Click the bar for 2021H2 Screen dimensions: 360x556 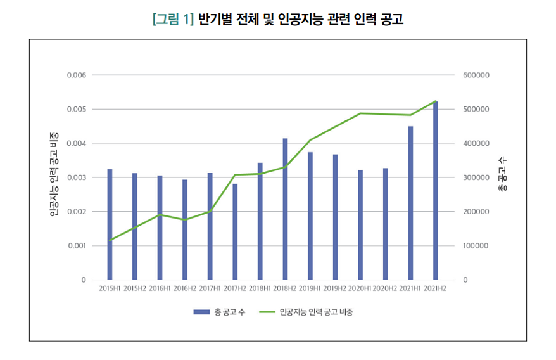(x=436, y=190)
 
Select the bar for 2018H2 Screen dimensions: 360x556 (x=285, y=209)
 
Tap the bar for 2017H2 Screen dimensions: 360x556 (x=235, y=231)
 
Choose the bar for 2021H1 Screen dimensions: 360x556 (x=410, y=203)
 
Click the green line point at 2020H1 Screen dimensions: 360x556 (x=360, y=113)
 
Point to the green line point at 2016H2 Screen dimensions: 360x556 (x=185, y=220)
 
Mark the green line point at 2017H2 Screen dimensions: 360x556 (x=235, y=174)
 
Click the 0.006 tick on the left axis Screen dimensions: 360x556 (x=75, y=75)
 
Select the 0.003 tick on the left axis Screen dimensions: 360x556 (x=75, y=177)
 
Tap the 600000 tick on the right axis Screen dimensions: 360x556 (x=476, y=75)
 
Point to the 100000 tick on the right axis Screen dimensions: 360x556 (x=476, y=245)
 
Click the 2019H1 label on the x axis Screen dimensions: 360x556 (x=310, y=288)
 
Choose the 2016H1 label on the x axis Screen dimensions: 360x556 (x=160, y=288)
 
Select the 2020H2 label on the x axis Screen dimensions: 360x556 (x=386, y=288)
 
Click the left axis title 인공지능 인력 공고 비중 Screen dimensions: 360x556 (x=54, y=175)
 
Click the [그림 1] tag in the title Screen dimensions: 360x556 (x=172, y=20)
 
